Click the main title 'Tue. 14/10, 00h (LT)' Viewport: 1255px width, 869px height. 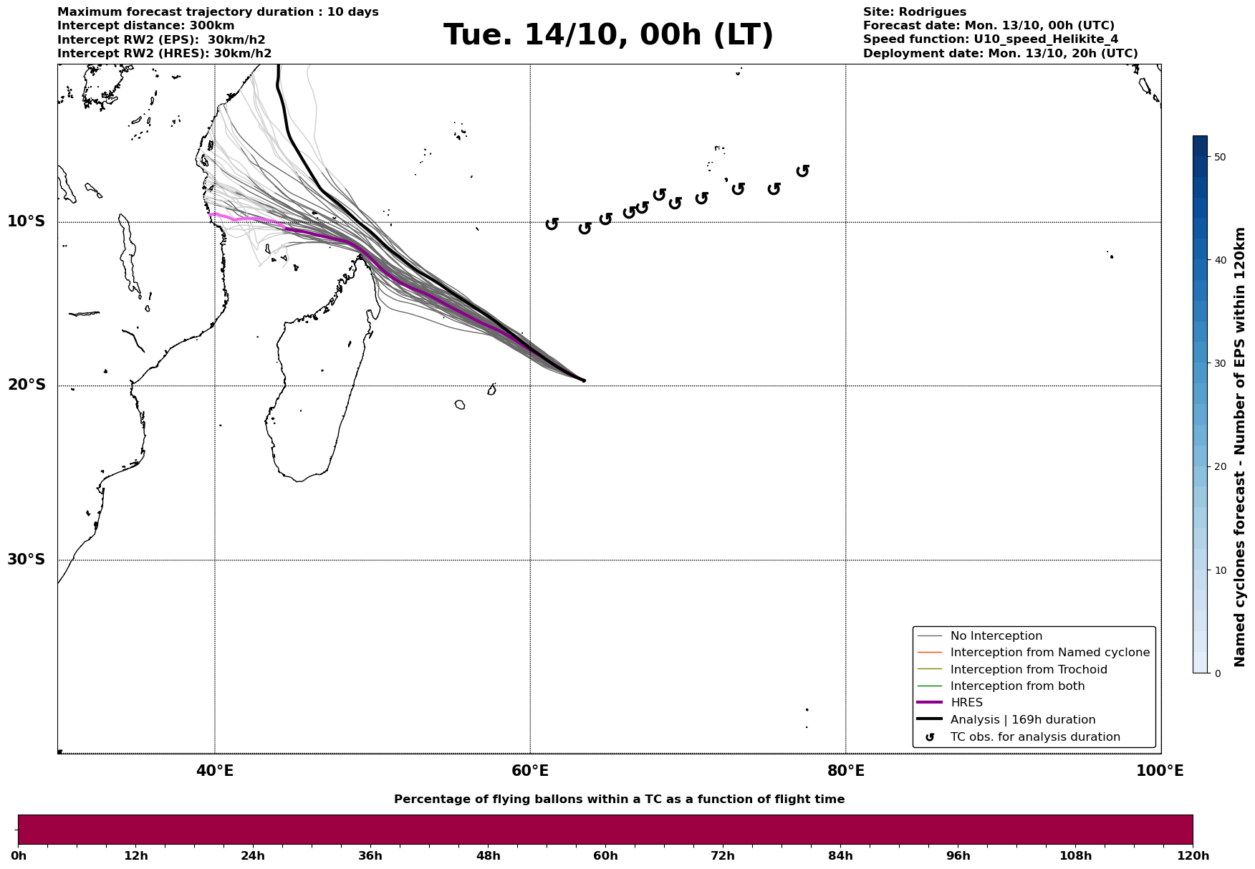(608, 35)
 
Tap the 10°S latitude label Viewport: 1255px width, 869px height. (27, 221)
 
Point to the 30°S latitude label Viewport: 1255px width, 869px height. (27, 560)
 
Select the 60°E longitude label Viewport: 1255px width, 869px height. (530, 772)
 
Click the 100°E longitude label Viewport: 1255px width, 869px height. (1160, 772)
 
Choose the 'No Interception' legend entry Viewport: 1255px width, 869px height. (996, 636)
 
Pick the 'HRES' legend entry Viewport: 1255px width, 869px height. (966, 703)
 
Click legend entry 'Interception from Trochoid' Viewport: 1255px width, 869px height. (1028, 670)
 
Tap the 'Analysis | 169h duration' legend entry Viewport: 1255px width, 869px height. (1022, 720)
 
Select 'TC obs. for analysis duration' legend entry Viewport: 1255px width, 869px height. (1034, 737)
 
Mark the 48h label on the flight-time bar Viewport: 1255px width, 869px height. (488, 856)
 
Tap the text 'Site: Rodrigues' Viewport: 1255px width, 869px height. (914, 12)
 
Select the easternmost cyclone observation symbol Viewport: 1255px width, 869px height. (803, 171)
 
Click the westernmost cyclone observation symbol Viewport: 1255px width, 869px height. (552, 224)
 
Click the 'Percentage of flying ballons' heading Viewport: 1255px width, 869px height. (619, 800)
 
